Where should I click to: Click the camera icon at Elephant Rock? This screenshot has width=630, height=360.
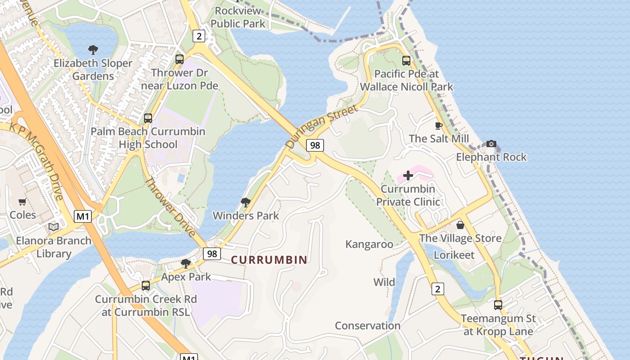(491, 144)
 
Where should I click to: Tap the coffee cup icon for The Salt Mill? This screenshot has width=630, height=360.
(439, 126)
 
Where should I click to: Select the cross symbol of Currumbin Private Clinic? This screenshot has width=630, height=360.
(408, 175)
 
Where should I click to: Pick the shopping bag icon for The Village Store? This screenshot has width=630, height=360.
(460, 225)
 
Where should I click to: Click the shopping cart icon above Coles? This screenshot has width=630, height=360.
(22, 202)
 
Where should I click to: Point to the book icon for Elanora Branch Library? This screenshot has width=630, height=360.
(54, 227)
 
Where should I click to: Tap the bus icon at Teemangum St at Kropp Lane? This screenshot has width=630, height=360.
(498, 305)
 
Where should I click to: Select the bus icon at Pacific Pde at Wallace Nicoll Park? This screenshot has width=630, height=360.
(406, 60)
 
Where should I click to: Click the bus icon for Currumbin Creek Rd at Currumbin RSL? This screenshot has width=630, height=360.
(145, 285)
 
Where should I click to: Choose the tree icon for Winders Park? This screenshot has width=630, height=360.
(246, 202)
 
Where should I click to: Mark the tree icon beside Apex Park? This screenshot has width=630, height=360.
(185, 263)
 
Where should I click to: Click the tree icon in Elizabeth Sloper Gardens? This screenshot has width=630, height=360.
(93, 50)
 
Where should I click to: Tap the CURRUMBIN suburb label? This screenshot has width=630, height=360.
(269, 260)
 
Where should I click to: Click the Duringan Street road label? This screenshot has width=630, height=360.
(322, 127)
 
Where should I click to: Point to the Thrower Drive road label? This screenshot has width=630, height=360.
(171, 207)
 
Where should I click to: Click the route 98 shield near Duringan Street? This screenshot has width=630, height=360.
(315, 145)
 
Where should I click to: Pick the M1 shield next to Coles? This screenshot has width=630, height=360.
(83, 216)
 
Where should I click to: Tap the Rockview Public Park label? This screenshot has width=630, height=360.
(238, 17)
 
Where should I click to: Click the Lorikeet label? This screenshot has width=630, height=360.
(454, 255)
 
